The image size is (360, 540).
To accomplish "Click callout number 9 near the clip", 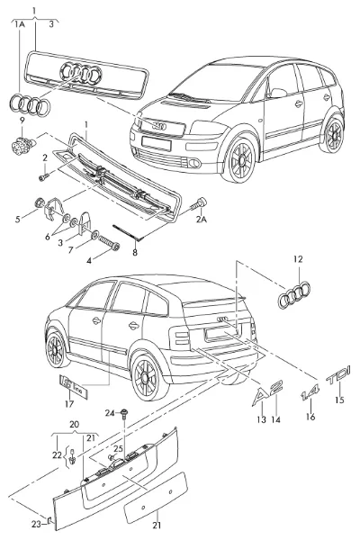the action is tap(22, 121).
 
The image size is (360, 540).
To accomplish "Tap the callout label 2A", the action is tap(202, 219).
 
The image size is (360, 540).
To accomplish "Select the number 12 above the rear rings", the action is tap(298, 258).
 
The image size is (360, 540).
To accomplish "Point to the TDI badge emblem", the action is tap(338, 375).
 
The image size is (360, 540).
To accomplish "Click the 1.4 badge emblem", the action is tap(310, 391).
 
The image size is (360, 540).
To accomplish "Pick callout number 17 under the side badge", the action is tap(69, 403).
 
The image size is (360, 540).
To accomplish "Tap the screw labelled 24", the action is tap(124, 414).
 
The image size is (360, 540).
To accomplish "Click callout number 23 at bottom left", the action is tap(36, 524).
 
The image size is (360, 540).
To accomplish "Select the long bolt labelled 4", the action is tap(109, 242).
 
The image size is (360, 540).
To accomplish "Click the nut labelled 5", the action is tap(40, 202).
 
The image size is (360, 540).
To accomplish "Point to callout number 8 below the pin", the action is tap(135, 252).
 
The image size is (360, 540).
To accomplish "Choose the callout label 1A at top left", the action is tap(19, 24).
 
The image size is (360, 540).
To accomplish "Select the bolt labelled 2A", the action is tap(198, 204).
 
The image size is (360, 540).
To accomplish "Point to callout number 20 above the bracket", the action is tap(74, 425).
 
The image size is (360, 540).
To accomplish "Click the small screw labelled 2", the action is tap(44, 176).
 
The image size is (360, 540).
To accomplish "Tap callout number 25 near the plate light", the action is tap(118, 449).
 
